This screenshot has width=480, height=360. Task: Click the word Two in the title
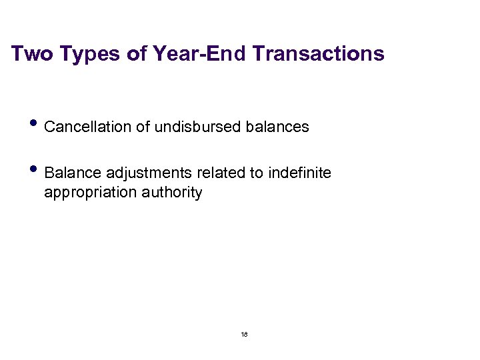[32, 53]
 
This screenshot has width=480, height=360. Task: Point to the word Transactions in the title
[319, 53]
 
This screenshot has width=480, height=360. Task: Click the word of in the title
[137, 53]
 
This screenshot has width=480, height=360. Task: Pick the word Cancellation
[88, 127]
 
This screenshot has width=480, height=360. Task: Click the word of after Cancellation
[143, 127]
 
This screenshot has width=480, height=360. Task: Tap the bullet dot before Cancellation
[35, 123]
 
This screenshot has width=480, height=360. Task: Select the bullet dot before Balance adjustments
[35, 170]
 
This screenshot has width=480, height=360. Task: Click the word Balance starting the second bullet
[69, 173]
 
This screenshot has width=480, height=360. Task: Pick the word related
[221, 173]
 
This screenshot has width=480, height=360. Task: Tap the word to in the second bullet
[256, 173]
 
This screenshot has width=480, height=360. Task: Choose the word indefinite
[300, 173]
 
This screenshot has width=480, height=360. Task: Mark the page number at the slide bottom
[244, 334]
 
